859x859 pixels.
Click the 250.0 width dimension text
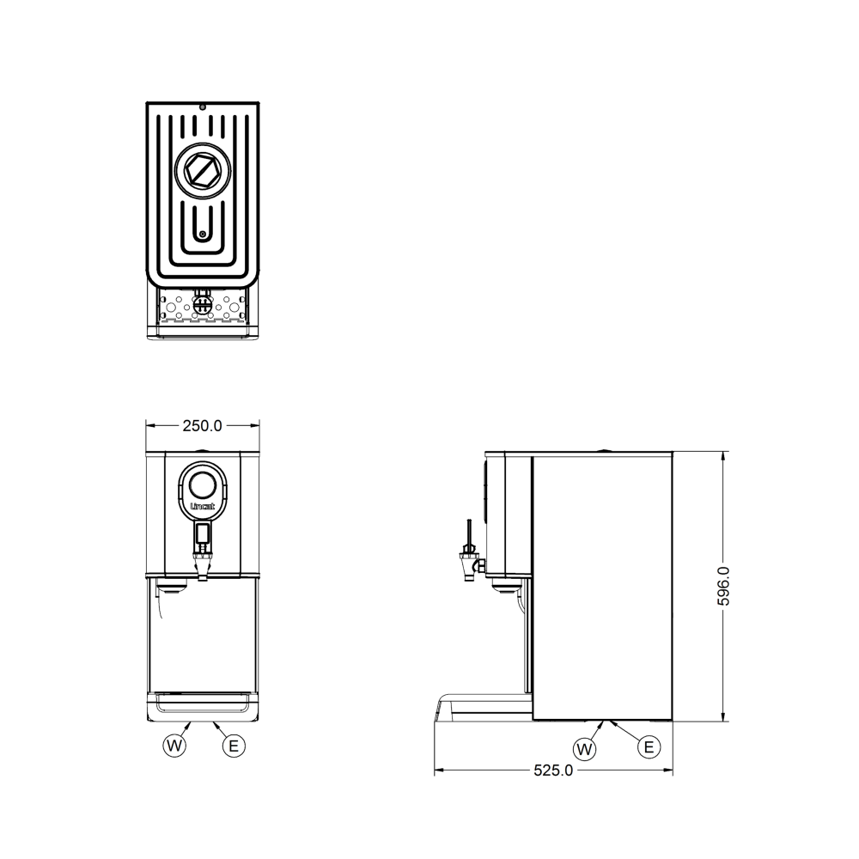202,425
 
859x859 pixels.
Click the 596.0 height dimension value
723,586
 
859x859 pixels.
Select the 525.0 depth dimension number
553,771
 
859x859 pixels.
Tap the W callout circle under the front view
174,745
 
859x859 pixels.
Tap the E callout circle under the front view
233,745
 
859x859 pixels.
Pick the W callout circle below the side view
585,749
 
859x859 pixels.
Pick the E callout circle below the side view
649,747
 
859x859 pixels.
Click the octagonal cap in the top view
202,170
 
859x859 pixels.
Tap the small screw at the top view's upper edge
202,107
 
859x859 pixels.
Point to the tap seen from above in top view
202,303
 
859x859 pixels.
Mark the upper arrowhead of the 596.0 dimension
723,456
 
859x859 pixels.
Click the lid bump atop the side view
604,449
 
